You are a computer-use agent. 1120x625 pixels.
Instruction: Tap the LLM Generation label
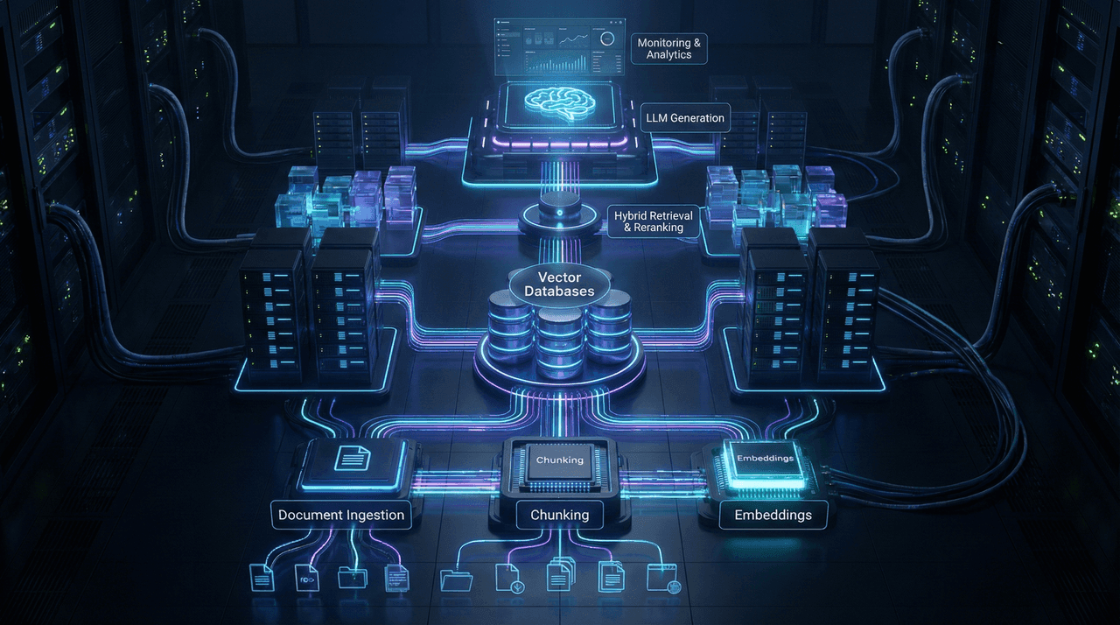(x=684, y=117)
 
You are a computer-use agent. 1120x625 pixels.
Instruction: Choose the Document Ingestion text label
(x=341, y=515)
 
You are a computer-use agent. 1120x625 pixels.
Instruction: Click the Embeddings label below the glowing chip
(x=773, y=515)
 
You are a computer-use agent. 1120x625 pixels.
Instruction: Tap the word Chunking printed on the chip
(x=559, y=460)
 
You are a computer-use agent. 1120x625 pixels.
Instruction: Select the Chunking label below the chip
(x=560, y=515)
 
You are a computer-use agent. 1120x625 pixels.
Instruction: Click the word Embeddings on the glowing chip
(x=765, y=458)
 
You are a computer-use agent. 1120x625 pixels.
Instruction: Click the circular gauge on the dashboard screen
(x=606, y=39)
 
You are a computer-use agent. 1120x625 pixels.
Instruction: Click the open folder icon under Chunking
(x=456, y=579)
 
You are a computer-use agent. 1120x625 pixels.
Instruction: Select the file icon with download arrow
(x=508, y=577)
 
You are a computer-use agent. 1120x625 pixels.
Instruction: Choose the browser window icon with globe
(x=662, y=578)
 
